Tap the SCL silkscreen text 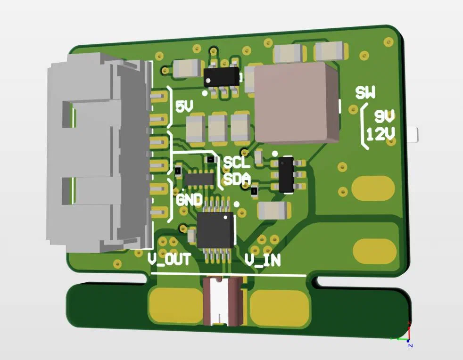point(237,162)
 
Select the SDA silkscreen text point(237,179)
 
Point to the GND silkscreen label point(189,200)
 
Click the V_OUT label point(169,259)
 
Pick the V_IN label point(263,260)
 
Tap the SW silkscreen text point(365,92)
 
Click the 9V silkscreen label point(385,116)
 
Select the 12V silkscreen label point(380,135)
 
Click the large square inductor point(296,103)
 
